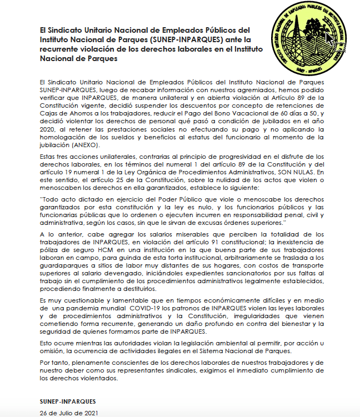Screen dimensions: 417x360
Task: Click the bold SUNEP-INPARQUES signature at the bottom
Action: pos(68,399)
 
